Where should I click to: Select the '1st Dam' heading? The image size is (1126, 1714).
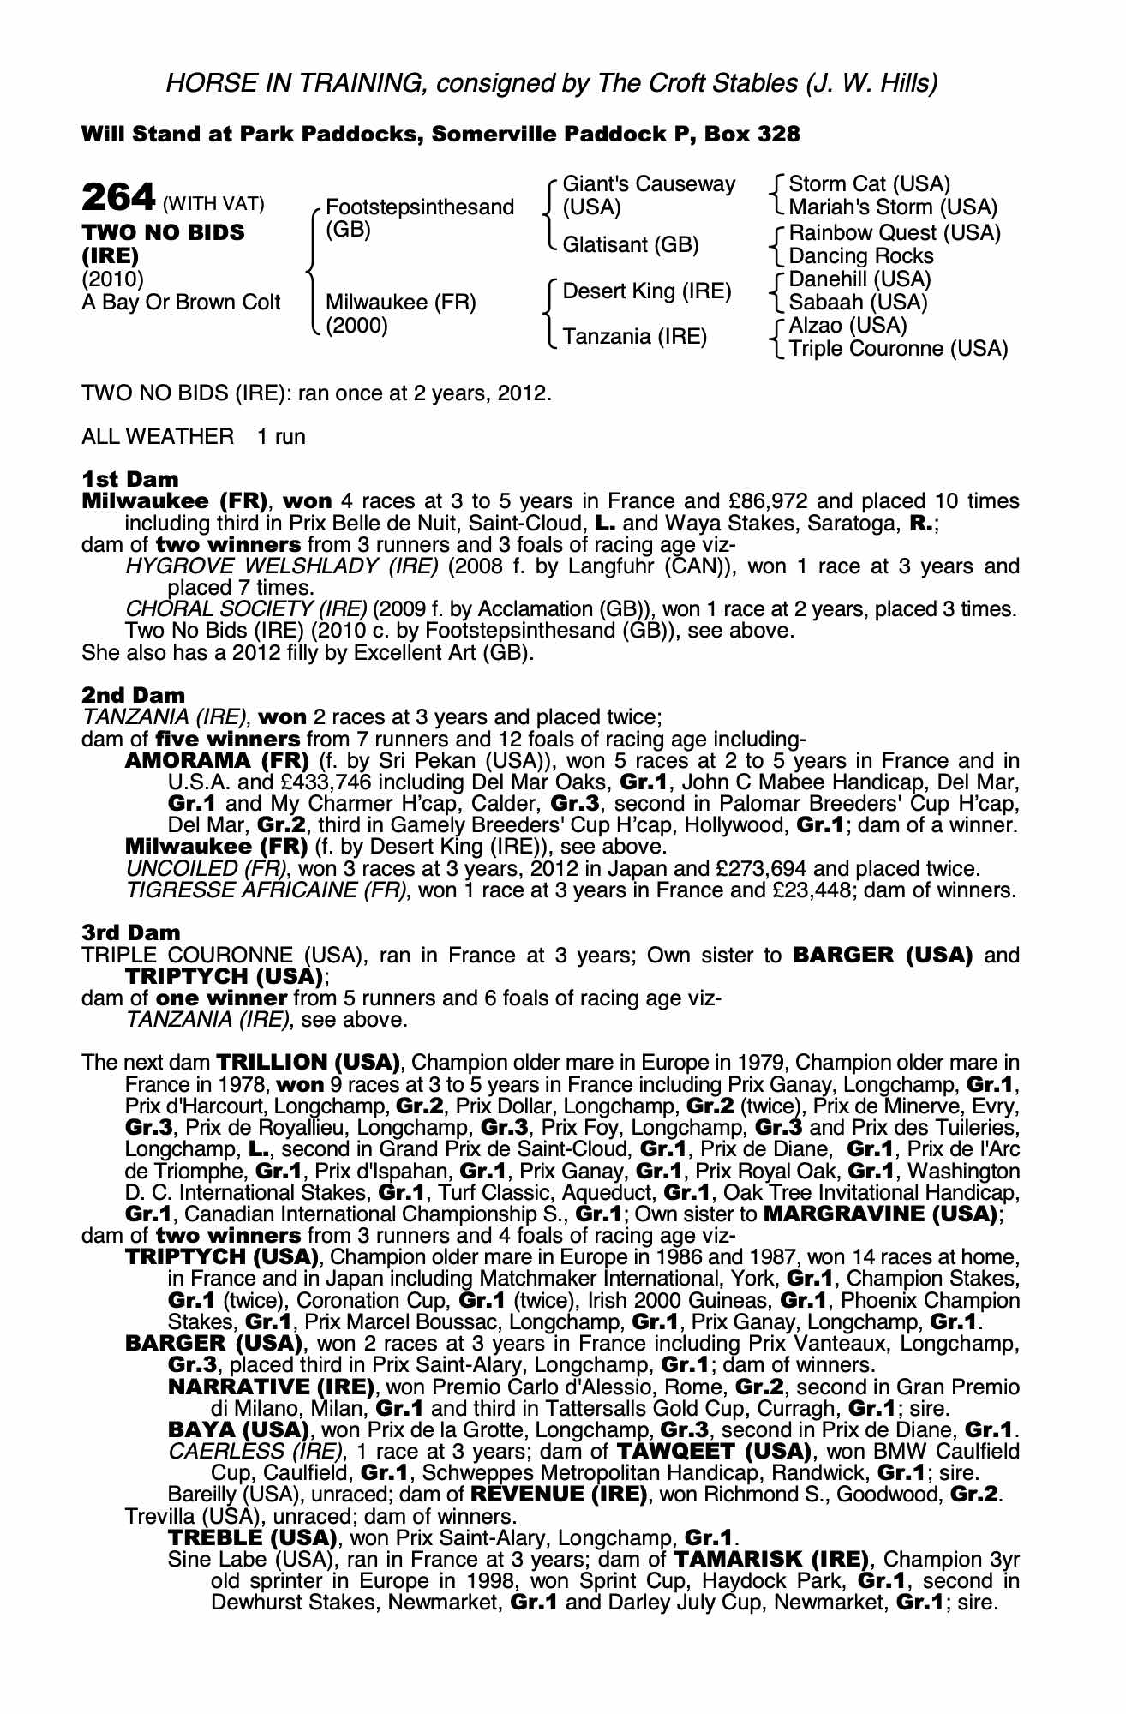tap(130, 478)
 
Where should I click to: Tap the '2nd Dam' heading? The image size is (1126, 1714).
tap(133, 695)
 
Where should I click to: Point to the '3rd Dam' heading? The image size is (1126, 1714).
tap(131, 932)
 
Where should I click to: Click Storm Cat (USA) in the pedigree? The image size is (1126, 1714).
tap(869, 184)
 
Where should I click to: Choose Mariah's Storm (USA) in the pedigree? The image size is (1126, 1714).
tap(893, 207)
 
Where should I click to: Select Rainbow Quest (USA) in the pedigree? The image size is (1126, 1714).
tap(895, 233)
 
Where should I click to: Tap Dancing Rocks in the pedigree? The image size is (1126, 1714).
tap(861, 256)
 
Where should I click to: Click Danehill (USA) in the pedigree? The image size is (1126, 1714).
tap(859, 279)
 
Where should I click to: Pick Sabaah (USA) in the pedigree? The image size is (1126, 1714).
tap(858, 303)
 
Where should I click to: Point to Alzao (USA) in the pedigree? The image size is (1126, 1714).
tap(847, 326)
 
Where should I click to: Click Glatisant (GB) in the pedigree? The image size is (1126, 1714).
tap(631, 245)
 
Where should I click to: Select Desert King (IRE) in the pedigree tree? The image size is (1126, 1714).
tap(647, 291)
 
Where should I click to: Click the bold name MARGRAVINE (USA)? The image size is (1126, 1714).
tap(879, 1214)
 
